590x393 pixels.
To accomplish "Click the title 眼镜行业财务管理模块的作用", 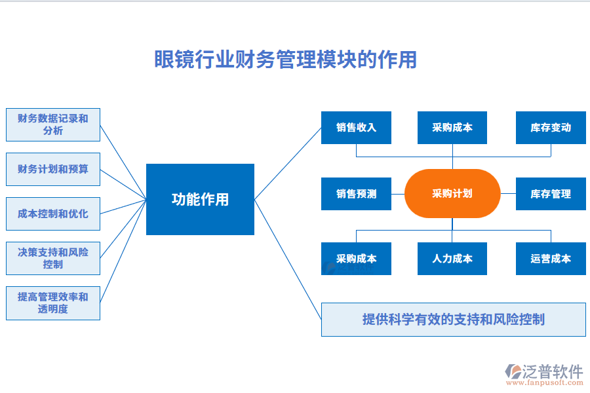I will (x=285, y=60).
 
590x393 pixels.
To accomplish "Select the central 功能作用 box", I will (x=200, y=199).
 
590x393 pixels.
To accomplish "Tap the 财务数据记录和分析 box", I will (x=53, y=124).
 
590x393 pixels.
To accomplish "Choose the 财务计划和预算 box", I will (x=53, y=169).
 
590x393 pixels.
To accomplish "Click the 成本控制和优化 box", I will (x=53, y=214).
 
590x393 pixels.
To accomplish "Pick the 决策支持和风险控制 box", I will (x=53, y=258).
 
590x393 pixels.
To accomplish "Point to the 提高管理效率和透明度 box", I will (x=53, y=303).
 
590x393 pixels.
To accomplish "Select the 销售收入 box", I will (x=356, y=128).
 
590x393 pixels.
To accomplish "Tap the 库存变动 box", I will (x=551, y=128).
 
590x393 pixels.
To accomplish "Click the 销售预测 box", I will (x=356, y=194).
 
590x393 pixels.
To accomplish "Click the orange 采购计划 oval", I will (x=452, y=194).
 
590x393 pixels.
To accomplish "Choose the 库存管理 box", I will (x=551, y=194).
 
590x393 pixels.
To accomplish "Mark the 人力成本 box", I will (x=452, y=259).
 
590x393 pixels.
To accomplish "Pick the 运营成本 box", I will (x=551, y=259).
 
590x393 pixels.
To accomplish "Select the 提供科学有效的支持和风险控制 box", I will (x=453, y=320).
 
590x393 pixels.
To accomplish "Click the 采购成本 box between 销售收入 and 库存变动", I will (x=452, y=128).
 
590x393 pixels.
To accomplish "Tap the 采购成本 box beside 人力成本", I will (x=356, y=259).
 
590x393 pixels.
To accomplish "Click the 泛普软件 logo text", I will (x=553, y=371).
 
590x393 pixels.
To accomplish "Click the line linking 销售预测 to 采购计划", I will (x=398, y=194).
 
